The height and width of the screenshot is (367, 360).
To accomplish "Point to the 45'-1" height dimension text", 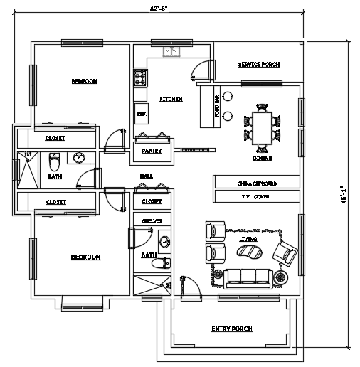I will [344, 195].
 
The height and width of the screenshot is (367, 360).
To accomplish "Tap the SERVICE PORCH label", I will [258, 65].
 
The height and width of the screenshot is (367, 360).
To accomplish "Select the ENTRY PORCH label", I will [232, 329].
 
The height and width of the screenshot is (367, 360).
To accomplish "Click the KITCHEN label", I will [171, 99].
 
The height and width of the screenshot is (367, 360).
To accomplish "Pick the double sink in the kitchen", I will [171, 51].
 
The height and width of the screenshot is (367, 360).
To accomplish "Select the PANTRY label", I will [152, 151].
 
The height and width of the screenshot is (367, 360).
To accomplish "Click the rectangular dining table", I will [262, 128].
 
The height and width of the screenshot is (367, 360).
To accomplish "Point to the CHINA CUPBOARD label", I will [257, 183].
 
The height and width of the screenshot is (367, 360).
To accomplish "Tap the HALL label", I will [146, 175].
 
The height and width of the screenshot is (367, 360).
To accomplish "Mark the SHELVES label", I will [152, 221].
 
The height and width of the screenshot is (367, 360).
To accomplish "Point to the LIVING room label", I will [248, 239].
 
